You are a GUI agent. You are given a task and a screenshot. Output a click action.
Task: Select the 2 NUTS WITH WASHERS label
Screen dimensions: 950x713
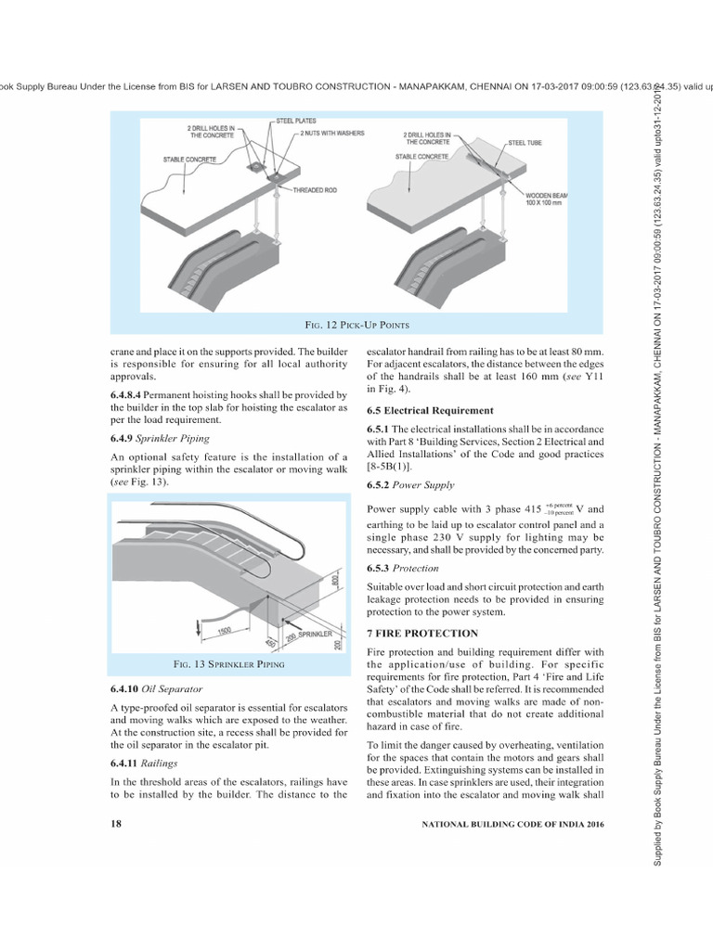tap(334, 134)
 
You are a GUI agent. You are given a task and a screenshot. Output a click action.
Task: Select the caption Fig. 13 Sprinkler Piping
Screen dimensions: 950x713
tap(229, 664)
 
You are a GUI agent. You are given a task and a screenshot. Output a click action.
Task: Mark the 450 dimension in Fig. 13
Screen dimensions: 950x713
tap(269, 643)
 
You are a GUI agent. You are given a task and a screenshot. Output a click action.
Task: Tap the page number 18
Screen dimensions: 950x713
tap(116, 823)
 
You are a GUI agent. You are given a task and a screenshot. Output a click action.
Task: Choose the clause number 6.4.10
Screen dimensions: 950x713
tap(126, 689)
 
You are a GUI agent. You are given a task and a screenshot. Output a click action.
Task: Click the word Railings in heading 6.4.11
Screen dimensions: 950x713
tap(160, 763)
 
